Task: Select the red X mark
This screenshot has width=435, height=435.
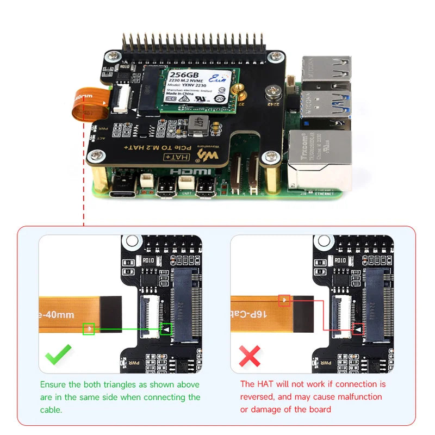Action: pyautogui.click(x=250, y=357)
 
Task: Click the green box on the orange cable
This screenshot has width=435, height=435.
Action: pyautogui.click(x=89, y=328)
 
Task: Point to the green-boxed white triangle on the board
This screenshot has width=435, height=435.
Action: pyautogui.click(x=166, y=329)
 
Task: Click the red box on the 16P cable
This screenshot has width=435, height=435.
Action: pyautogui.click(x=284, y=300)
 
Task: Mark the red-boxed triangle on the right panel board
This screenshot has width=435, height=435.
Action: pyautogui.click(x=358, y=329)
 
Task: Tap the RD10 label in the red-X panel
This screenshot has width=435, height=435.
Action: pyautogui.click(x=340, y=260)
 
